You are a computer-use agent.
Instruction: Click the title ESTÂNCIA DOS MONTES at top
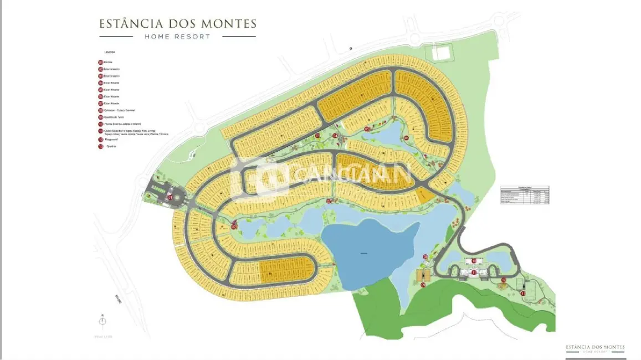coord(177,24)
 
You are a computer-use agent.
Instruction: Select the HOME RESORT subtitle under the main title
coord(177,37)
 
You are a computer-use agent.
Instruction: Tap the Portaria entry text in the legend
coord(108,63)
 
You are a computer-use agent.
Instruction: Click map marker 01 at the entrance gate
coord(171,197)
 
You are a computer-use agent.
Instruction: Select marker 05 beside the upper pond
coord(367,129)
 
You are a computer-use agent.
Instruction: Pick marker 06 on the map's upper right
coord(406,138)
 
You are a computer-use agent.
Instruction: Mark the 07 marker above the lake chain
coord(329,201)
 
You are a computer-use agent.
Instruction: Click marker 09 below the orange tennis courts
coord(423,285)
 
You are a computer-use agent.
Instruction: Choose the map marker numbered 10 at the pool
coord(474,261)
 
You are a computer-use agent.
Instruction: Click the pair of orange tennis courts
coord(423,275)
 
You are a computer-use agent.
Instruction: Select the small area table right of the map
coord(524,196)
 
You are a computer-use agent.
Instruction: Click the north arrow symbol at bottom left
coord(102,321)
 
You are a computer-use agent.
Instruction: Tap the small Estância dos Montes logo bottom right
coord(594,348)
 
